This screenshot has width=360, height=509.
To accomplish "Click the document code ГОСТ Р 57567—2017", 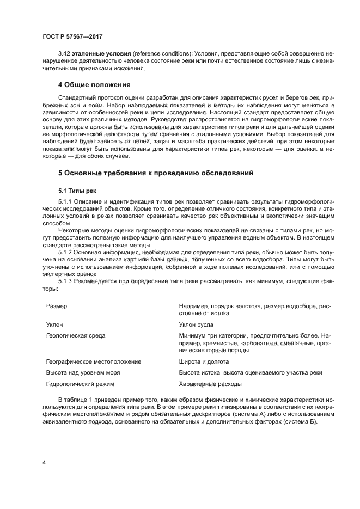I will [x=72, y=36].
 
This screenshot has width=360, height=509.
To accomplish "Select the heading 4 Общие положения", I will [x=94, y=85].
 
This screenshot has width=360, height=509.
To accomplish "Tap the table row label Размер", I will [x=57, y=306].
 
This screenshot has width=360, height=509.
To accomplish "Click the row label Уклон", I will [x=55, y=324].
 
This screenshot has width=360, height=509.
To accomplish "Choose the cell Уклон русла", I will [x=196, y=324].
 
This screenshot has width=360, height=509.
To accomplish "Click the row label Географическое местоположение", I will [x=94, y=361].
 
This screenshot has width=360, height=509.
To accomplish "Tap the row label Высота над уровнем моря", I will [x=83, y=372].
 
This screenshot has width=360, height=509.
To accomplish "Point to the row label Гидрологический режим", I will [x=80, y=384].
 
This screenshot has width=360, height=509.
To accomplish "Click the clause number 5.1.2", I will [x=65, y=253].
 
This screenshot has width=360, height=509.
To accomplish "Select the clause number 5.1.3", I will [x=65, y=281].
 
